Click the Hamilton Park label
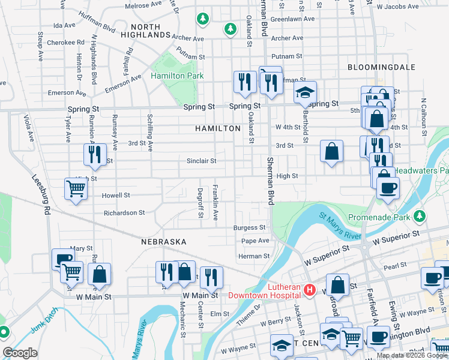177,76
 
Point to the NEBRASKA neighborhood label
164,242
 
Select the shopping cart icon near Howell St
76,189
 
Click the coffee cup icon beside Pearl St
432,277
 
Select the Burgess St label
249,228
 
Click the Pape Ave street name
255,241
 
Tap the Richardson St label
124,212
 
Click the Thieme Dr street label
249,313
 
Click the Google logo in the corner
20,353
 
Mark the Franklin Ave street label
214,203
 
